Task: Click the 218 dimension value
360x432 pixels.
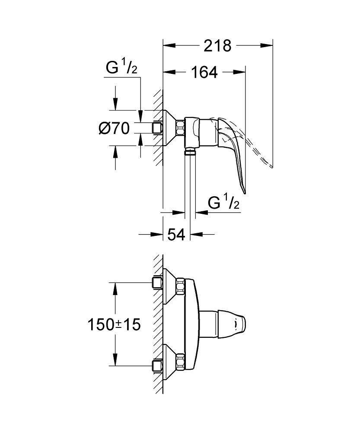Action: [x=218, y=45]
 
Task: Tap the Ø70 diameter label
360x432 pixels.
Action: [x=114, y=128]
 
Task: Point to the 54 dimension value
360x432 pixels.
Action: [x=176, y=235]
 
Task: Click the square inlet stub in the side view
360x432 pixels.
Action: [x=157, y=128]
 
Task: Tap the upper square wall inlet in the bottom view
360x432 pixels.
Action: [x=157, y=283]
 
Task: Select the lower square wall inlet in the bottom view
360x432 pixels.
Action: [x=157, y=365]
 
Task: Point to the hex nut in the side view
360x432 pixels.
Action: [x=180, y=128]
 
